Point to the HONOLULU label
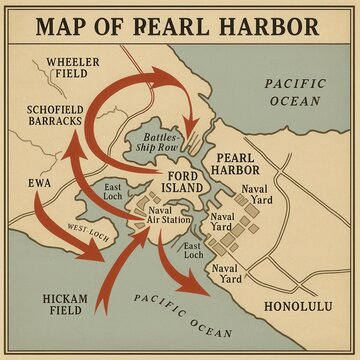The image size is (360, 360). click(296, 305)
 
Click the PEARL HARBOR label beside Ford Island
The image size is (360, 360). click(237, 164)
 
